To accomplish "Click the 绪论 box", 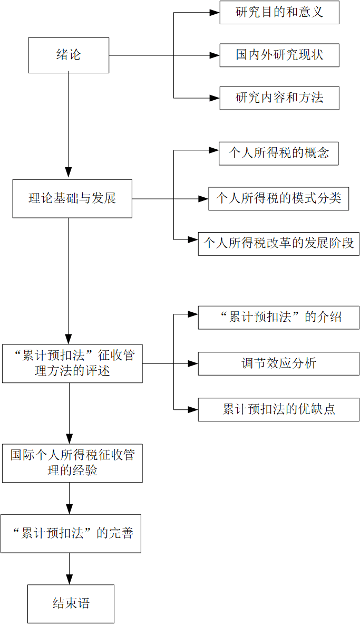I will pos(69,55).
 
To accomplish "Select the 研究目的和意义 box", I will pos(279,13).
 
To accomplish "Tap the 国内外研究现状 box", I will pos(279,55).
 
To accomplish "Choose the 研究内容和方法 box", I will pos(279,98).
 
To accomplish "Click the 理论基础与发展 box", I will pos(72,198).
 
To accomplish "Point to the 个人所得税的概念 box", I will pos(278,153).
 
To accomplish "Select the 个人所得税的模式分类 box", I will pos(278,198).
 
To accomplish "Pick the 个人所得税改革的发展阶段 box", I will pos(278,244).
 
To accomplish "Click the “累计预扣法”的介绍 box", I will pos(278,317).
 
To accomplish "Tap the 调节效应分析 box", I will pos(278,363).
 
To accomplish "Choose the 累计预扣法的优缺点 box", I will pos(278,409).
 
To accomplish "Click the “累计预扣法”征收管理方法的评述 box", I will pos(72,363).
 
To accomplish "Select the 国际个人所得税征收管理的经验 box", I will pos(72,463).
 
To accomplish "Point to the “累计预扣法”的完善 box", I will pos(71,533).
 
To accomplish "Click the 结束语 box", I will pos(71,604).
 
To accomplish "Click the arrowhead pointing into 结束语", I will pos(69,580).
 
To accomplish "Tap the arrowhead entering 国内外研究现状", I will pos(215,55).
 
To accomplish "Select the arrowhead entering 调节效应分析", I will pos(193,363).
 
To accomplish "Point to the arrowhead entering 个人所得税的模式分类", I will pos(203,199).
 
